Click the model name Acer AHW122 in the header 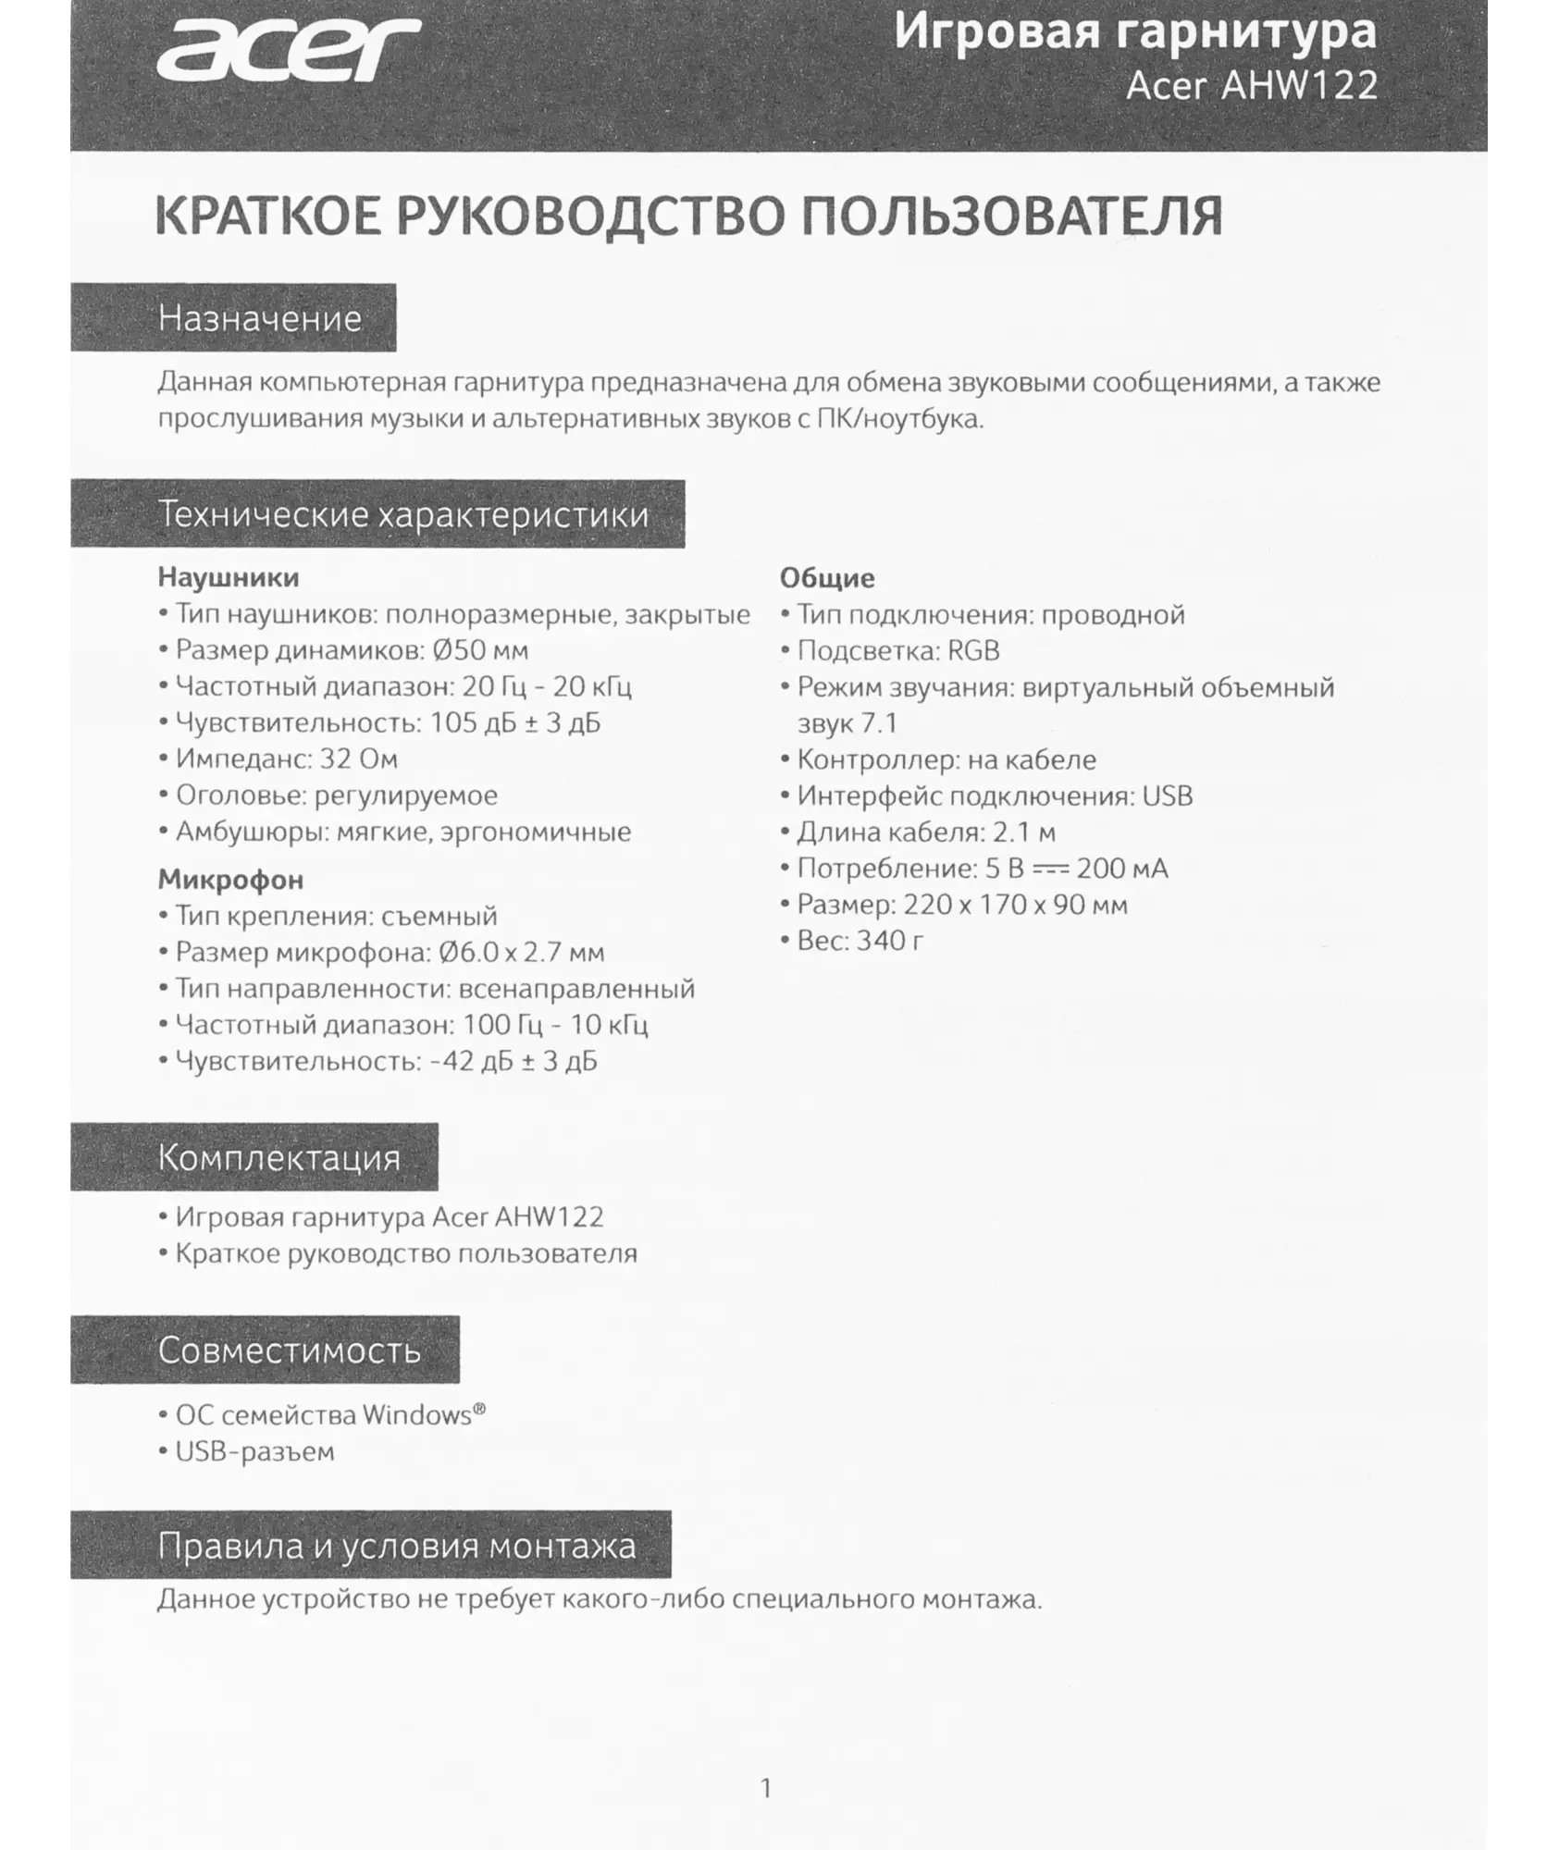click(x=1251, y=86)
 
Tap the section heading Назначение click(x=259, y=318)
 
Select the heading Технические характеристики click(x=403, y=514)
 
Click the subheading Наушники click(x=228, y=577)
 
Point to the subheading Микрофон click(x=230, y=879)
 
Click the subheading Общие click(x=826, y=578)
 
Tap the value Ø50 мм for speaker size click(x=480, y=650)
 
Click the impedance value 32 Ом click(x=358, y=759)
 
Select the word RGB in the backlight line click(x=973, y=651)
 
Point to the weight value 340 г click(x=890, y=941)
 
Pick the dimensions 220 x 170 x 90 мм click(x=1015, y=905)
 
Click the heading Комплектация click(x=278, y=1157)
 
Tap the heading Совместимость click(x=289, y=1350)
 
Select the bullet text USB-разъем click(x=254, y=1451)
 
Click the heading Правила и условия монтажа click(x=396, y=1546)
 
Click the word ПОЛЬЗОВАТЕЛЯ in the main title click(x=1011, y=216)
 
